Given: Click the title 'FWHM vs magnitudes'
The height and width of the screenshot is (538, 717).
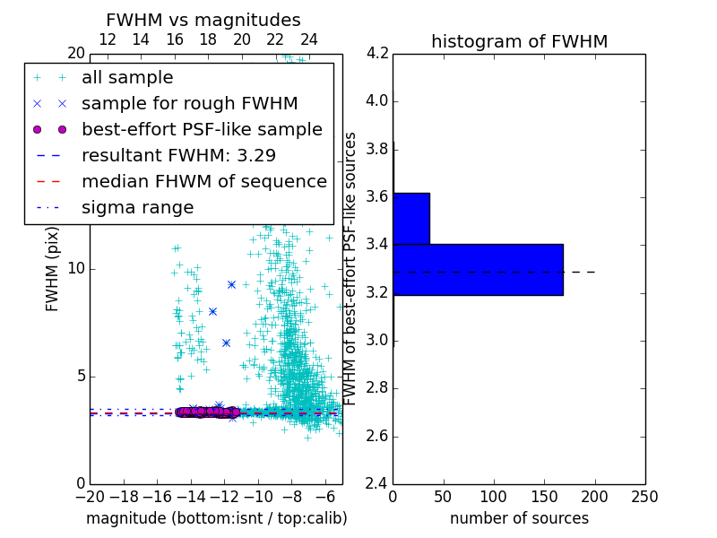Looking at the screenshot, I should pos(203,20).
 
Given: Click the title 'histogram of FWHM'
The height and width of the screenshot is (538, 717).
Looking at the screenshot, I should pos(519,41).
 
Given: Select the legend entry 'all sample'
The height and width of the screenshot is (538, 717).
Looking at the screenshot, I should pos(127,78).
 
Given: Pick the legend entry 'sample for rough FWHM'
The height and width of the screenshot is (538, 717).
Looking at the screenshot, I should pos(189,103).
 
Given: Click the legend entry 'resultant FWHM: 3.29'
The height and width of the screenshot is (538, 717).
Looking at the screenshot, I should pos(178,155).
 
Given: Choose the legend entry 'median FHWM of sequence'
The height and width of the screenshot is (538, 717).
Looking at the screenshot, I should pos(203,181).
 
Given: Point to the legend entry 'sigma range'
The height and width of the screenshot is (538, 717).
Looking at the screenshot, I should pos(137,207).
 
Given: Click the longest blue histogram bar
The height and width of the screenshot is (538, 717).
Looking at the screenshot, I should pos(478,269).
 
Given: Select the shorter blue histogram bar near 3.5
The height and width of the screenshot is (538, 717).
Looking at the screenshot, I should pos(411,218).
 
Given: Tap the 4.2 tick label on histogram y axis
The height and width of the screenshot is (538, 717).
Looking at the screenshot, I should pos(376,53).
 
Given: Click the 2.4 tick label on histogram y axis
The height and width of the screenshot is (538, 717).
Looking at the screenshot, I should pos(376,484).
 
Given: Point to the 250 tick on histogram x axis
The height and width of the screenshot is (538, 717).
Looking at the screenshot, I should pos(644,496).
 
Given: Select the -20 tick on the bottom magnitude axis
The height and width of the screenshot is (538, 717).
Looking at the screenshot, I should pos(90,496).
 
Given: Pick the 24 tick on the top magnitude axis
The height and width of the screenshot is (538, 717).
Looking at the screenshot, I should pos(308,39).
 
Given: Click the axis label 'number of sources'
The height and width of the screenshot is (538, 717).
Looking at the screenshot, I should pos(519,518).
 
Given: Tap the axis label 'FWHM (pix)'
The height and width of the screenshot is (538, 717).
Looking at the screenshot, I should pos(53,268).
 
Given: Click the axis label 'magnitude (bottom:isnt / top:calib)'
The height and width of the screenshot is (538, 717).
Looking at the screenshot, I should pos(216,518).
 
